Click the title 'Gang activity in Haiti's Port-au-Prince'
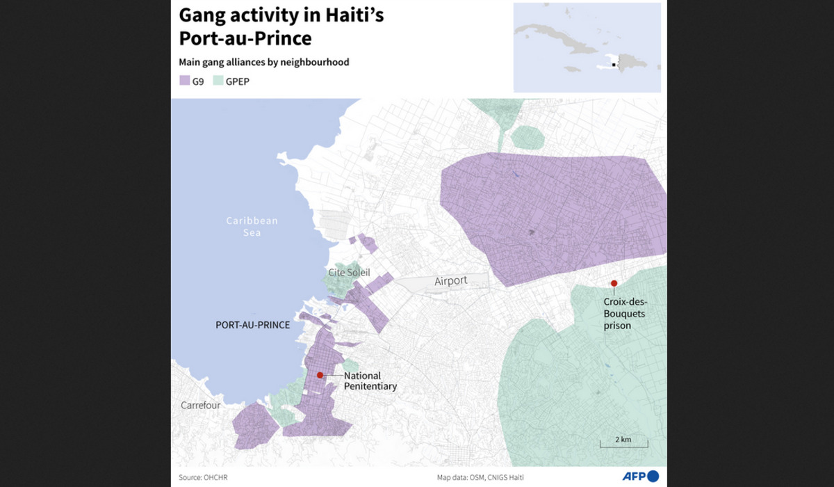pos(281,26)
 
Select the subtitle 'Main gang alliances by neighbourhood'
pos(264,62)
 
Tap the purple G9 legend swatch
pos(185,81)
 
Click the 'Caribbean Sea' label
pos(252,226)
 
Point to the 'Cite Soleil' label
pos(349,273)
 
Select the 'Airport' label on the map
pos(451,281)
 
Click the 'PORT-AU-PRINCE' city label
pos(252,325)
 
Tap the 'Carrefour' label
pos(201,405)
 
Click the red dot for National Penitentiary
pos(320,375)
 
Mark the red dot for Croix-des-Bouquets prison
pos(614,282)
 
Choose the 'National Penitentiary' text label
pos(370,381)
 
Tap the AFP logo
pos(640,477)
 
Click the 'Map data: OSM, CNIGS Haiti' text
pos(480,477)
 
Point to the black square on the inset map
pos(612,65)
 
